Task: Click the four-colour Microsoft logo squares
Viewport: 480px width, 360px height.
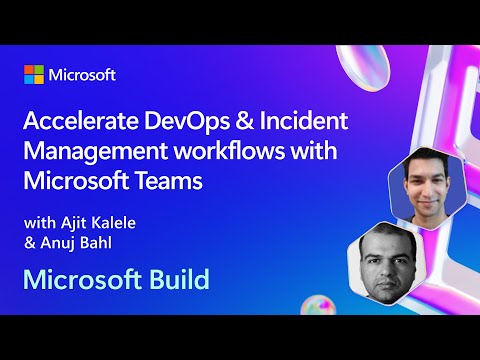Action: [35, 75]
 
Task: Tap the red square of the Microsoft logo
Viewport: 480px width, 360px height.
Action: [30, 70]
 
